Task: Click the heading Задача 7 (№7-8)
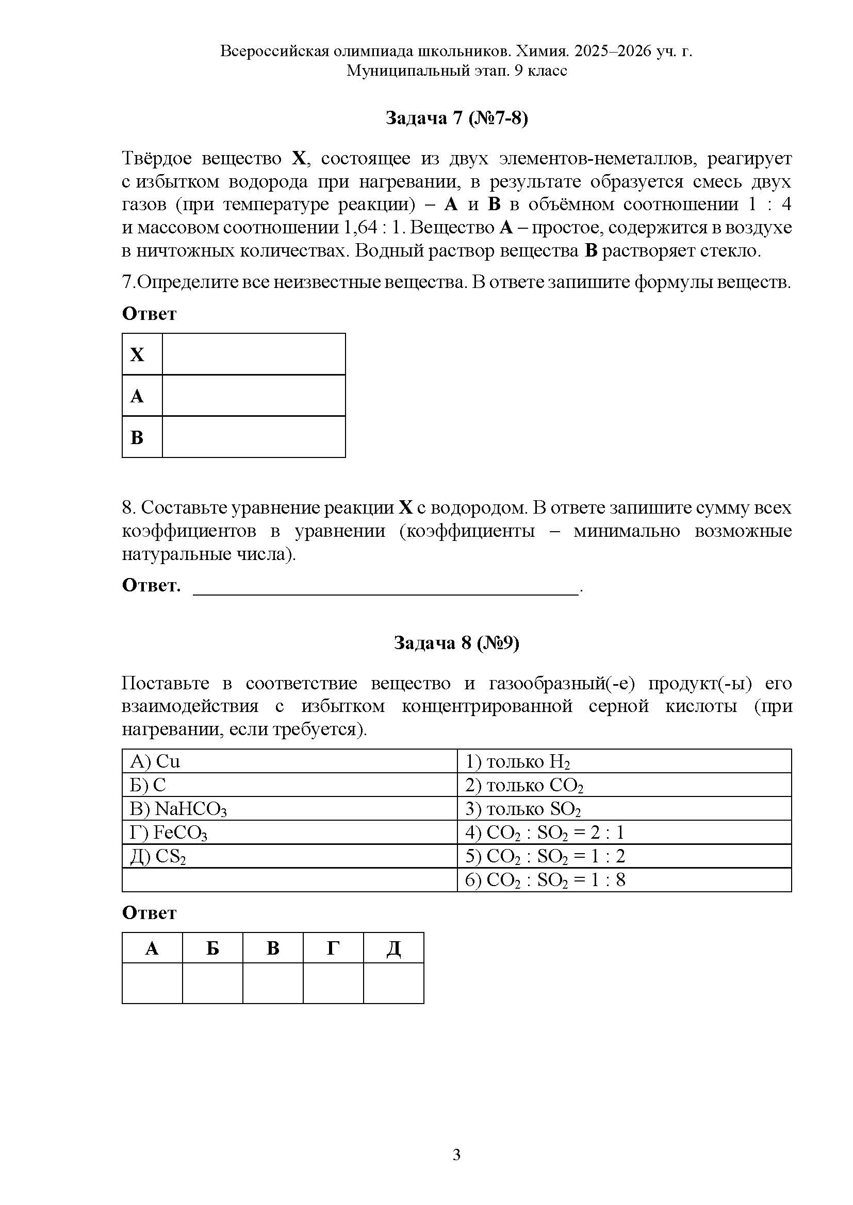[x=456, y=118]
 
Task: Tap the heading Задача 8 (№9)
[x=456, y=643]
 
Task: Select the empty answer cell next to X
[x=254, y=354]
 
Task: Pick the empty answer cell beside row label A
[x=254, y=396]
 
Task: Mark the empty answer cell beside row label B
[x=254, y=437]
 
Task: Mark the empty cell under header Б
[x=212, y=983]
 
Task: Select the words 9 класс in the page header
[x=540, y=71]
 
